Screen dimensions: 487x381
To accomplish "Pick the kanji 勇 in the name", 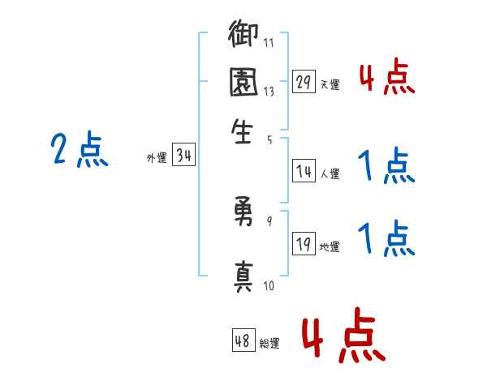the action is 243,213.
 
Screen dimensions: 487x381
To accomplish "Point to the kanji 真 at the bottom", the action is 243,274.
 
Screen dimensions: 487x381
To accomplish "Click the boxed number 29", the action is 304,81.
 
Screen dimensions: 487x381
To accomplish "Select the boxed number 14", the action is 304,170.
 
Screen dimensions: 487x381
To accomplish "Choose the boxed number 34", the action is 183,156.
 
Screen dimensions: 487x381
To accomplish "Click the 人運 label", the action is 330,173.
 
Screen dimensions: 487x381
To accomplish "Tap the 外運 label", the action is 157,159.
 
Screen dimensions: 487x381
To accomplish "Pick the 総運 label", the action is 269,344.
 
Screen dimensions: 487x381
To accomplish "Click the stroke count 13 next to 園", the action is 269,91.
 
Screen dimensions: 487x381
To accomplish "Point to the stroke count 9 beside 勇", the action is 269,220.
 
